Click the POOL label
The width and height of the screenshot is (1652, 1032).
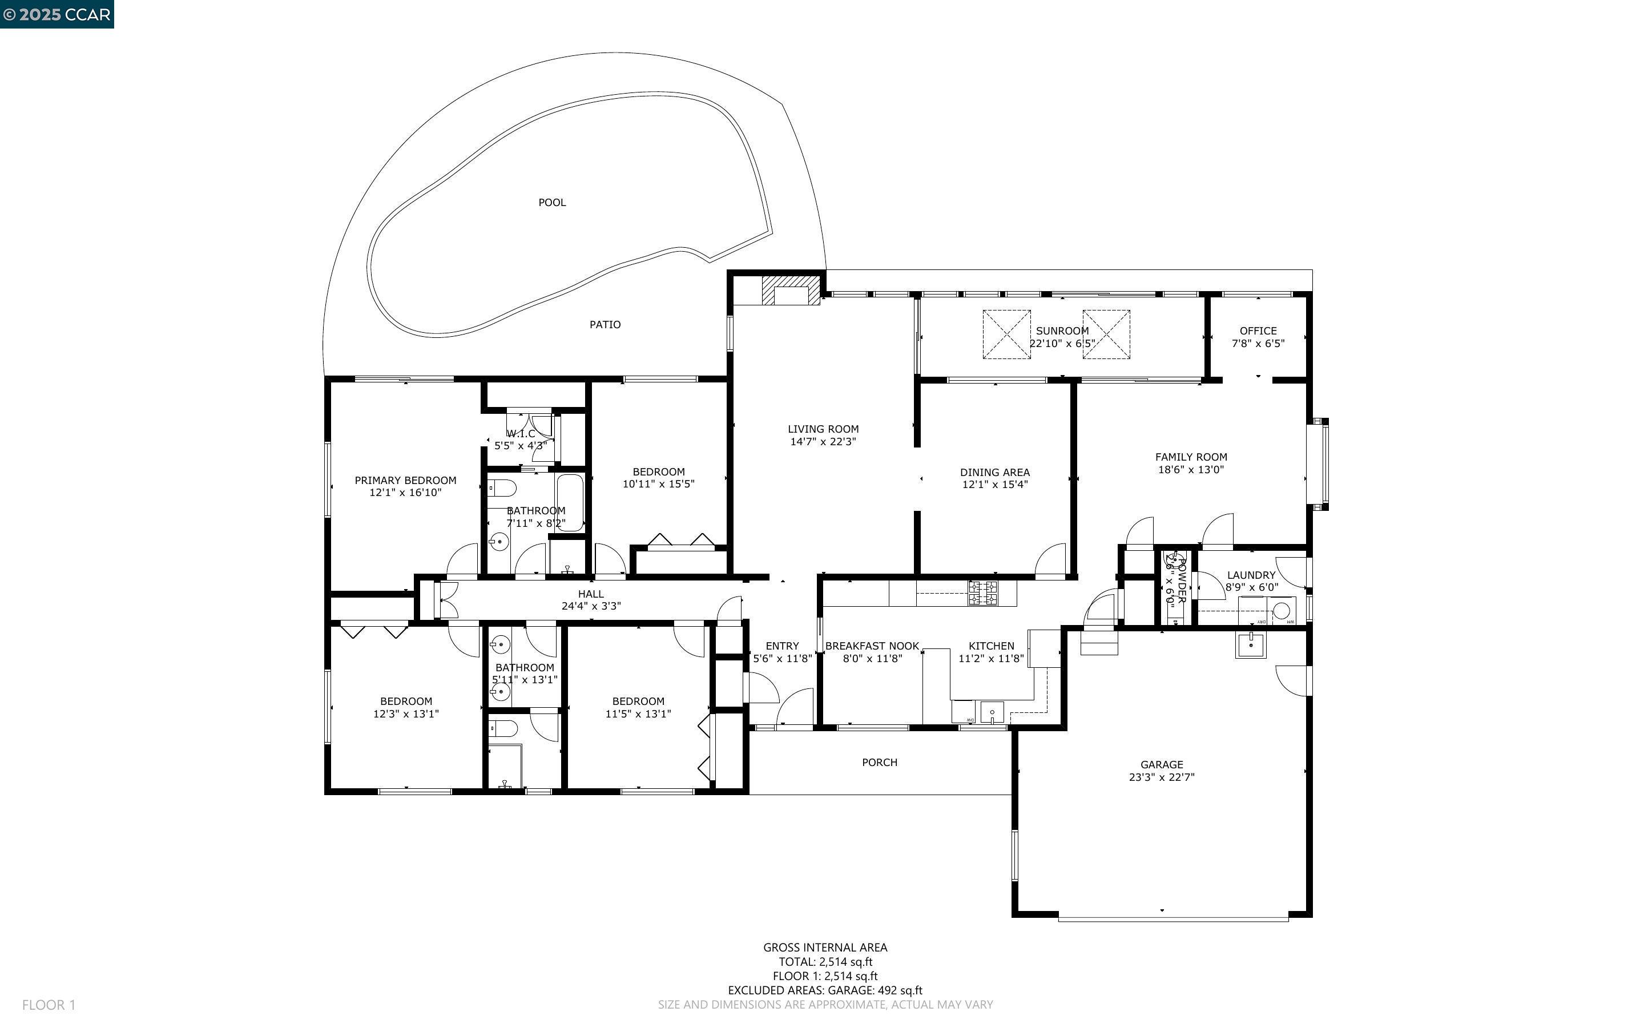[551, 203]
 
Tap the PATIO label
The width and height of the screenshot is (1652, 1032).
[605, 325]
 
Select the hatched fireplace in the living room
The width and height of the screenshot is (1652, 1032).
[790, 290]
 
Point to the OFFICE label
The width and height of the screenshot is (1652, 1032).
[1258, 330]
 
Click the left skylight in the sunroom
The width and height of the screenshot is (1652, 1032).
[1006, 334]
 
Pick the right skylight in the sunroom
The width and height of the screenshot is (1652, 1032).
[1106, 334]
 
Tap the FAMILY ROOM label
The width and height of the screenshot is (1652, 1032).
[1191, 457]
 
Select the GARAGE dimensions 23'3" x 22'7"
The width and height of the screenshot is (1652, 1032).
[1162, 777]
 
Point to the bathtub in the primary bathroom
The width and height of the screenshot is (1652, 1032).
[570, 502]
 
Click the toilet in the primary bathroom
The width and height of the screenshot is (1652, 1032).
[502, 488]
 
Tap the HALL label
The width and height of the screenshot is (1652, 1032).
[590, 594]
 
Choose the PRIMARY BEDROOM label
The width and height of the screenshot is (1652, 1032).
[405, 481]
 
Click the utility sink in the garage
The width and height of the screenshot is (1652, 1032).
[1250, 644]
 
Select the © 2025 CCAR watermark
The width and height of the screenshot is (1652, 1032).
[57, 14]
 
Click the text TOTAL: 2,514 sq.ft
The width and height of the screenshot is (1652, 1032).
[825, 962]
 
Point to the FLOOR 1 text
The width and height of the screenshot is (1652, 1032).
[49, 1005]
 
